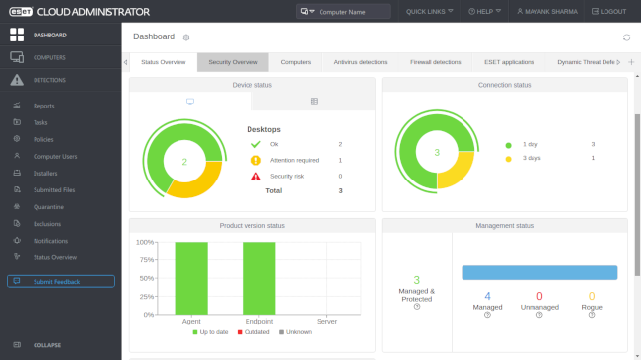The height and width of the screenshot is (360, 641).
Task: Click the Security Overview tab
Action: click(x=233, y=62)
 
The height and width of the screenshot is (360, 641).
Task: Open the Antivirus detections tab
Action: click(x=360, y=62)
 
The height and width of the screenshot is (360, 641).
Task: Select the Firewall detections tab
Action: click(x=435, y=62)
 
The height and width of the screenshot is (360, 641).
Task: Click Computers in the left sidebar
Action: click(x=49, y=57)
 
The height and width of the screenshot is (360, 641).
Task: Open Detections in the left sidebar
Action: click(x=49, y=79)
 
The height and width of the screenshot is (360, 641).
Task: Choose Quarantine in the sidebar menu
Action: click(x=49, y=207)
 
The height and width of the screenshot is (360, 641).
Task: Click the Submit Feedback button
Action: click(x=61, y=281)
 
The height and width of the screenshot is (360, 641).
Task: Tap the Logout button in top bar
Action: click(x=607, y=11)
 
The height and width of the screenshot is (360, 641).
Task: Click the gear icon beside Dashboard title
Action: click(x=186, y=37)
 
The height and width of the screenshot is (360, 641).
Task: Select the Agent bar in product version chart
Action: click(x=192, y=277)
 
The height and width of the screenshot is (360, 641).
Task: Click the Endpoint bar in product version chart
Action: click(x=258, y=277)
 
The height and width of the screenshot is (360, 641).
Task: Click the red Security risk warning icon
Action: click(x=255, y=176)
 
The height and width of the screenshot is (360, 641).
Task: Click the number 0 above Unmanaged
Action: click(x=538, y=296)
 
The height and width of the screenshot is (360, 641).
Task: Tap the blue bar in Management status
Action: click(x=538, y=272)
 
